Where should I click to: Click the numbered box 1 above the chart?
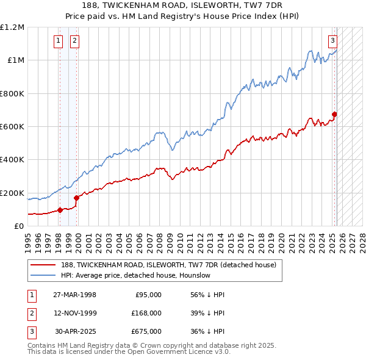pos(58,41)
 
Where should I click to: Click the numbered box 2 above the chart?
pos(74,41)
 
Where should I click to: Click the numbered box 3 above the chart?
pos(333,41)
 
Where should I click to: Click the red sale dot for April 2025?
pos(335,114)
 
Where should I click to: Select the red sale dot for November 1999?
pos(77,198)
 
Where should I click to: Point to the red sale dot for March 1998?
pos(60,210)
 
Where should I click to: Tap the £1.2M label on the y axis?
pos(12,27)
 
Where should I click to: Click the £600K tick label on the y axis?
pos(12,126)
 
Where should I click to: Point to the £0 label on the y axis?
pos(19,226)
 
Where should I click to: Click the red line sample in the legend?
pos(43,265)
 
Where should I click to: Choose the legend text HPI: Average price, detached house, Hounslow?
pos(135,275)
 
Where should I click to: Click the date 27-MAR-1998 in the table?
pos(74,295)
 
